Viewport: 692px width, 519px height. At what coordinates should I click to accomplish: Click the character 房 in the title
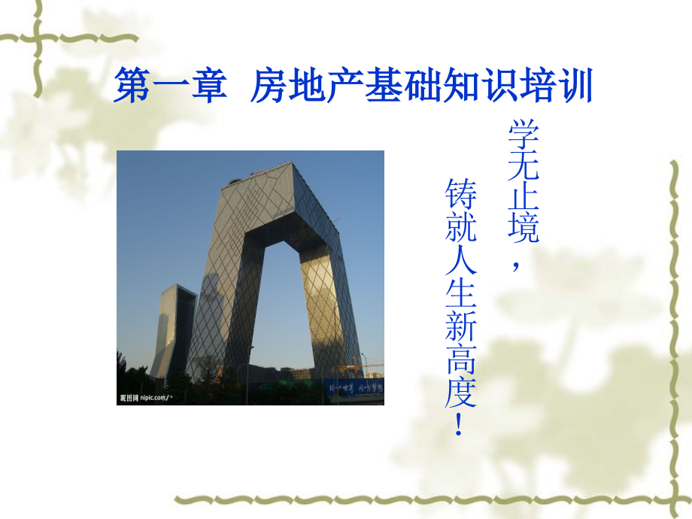[269, 87]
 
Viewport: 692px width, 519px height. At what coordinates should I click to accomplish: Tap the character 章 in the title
[208, 87]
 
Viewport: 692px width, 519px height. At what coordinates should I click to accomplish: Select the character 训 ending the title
[575, 87]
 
